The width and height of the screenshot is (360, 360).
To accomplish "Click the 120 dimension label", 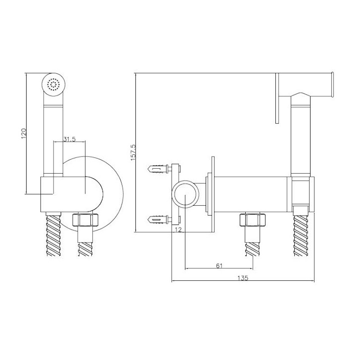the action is point(24,133).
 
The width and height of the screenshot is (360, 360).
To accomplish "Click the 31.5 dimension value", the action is point(69,139).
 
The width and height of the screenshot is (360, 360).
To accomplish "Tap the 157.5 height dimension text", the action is point(133,152).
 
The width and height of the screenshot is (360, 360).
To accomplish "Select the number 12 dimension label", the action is point(178,229).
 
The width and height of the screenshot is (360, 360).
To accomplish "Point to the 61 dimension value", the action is point(220,265).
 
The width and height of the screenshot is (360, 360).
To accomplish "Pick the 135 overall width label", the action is point(243,278).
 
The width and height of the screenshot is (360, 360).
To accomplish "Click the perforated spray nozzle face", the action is point(54,84).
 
